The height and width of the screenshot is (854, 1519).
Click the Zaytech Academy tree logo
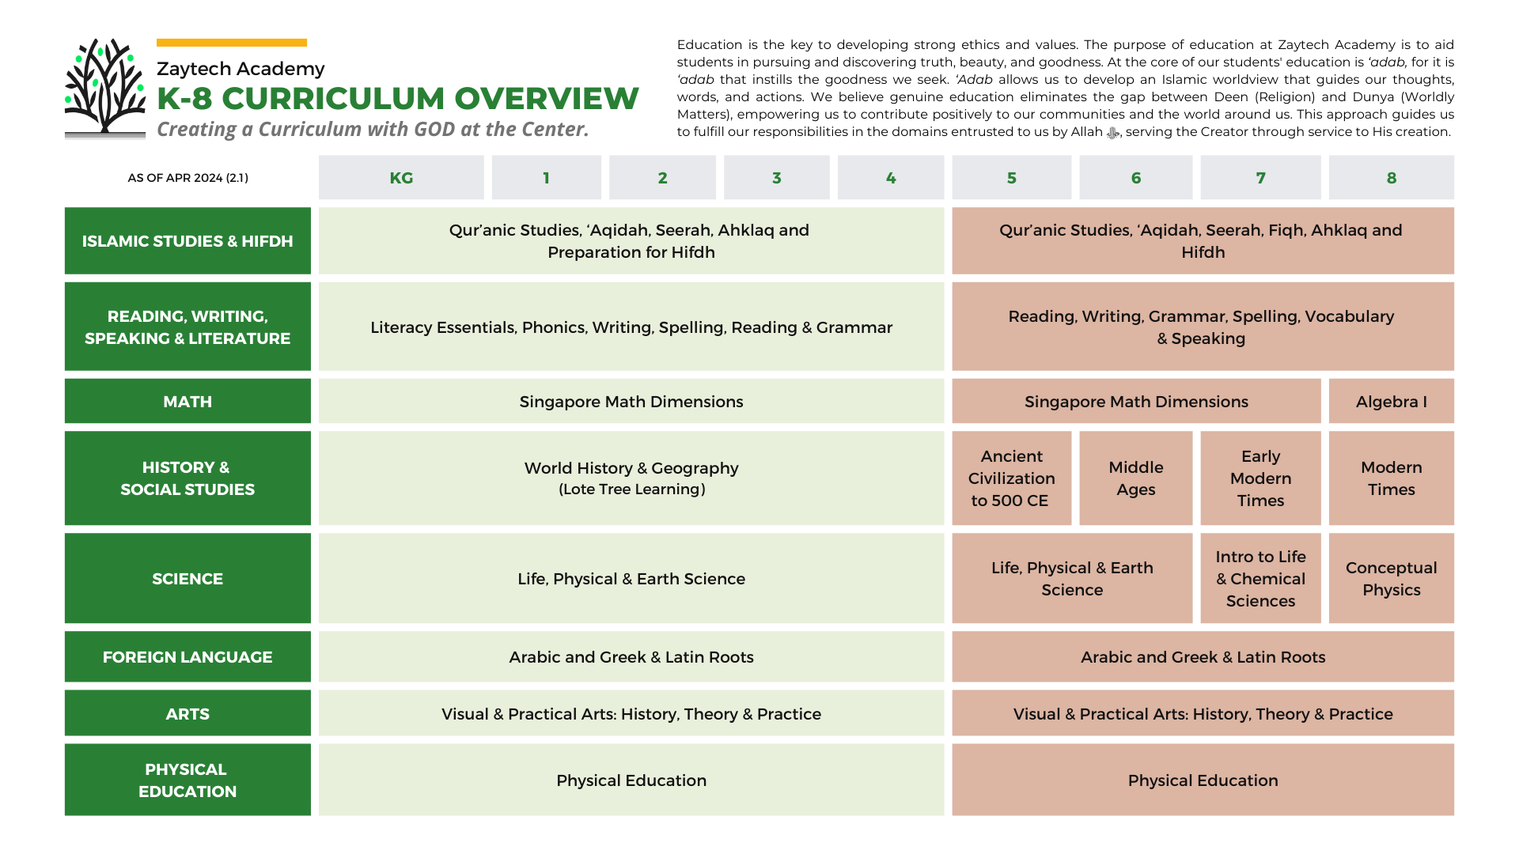pos(105,87)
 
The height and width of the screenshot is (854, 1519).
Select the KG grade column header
pos(401,178)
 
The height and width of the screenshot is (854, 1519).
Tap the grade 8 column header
pos(1391,178)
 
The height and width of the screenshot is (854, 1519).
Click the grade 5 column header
pos(1011,178)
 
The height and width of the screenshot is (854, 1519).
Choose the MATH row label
pos(188,402)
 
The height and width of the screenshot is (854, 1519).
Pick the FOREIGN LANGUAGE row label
pos(188,657)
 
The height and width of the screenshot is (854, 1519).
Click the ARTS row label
pos(188,714)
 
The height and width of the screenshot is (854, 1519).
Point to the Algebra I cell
pos(1391,402)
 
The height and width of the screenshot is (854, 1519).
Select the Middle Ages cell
pos(1135,478)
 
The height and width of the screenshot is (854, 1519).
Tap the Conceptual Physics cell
pos(1391,579)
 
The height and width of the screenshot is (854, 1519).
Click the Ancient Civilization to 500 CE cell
pos(1011,478)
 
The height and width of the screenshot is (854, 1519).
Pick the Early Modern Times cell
pos(1260,478)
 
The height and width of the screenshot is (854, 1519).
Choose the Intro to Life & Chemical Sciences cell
pos(1260,579)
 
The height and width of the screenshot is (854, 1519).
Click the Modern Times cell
pos(1391,478)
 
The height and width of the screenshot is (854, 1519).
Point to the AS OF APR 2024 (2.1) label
pos(188,178)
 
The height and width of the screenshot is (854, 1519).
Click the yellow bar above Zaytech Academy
pos(232,43)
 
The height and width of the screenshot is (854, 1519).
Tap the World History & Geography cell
pos(631,478)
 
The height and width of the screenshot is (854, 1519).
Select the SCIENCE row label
pos(188,579)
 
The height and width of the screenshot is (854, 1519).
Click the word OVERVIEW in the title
pos(546,99)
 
